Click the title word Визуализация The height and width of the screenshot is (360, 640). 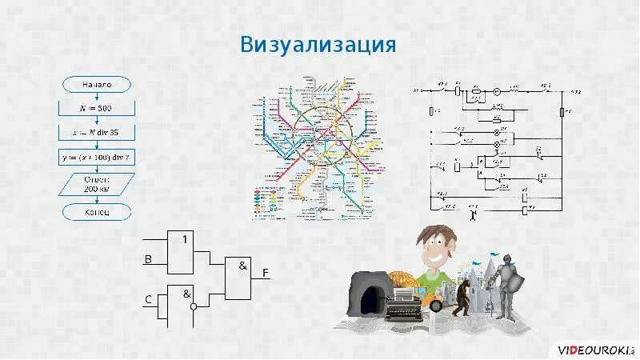point(318,44)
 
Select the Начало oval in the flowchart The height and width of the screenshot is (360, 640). point(97,83)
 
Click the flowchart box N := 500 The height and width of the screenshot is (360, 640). point(97,107)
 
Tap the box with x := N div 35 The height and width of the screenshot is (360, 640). point(97,132)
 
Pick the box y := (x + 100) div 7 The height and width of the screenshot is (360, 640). point(97,158)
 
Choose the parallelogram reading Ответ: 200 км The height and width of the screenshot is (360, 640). point(97,185)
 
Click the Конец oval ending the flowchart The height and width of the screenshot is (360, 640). point(97,212)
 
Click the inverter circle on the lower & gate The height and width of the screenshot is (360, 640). point(193,306)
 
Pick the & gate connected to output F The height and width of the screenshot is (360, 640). point(239,278)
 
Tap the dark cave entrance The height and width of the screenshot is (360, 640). point(369,299)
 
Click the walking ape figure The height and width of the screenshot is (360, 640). point(462,299)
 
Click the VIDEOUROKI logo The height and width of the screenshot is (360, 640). point(595,350)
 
